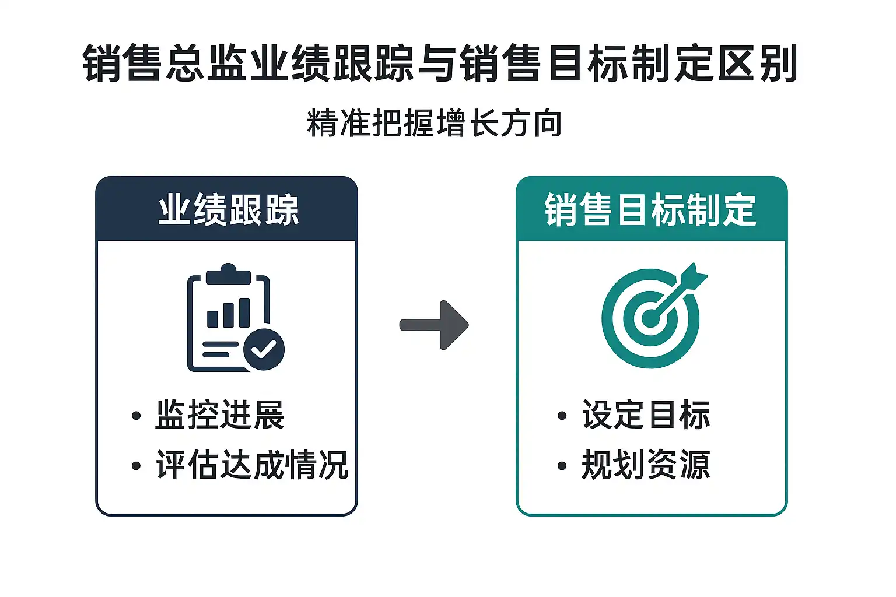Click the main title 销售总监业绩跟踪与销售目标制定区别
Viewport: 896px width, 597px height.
click(440, 63)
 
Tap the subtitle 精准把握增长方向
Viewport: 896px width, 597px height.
click(434, 123)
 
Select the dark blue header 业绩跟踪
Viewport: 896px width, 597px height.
click(228, 210)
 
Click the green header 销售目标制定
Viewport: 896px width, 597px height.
click(651, 210)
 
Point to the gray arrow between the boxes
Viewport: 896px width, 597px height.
click(435, 325)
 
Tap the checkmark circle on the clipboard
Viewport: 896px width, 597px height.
click(264, 349)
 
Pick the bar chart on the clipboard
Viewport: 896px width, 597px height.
click(229, 313)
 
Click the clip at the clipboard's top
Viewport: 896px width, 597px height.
click(229, 274)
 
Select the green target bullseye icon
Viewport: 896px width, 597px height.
click(650, 318)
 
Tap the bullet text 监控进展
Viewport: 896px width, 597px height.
click(219, 415)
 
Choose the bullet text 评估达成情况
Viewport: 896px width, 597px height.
click(252, 465)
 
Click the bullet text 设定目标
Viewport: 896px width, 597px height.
click(646, 415)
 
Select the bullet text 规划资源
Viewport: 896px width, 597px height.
click(646, 465)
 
